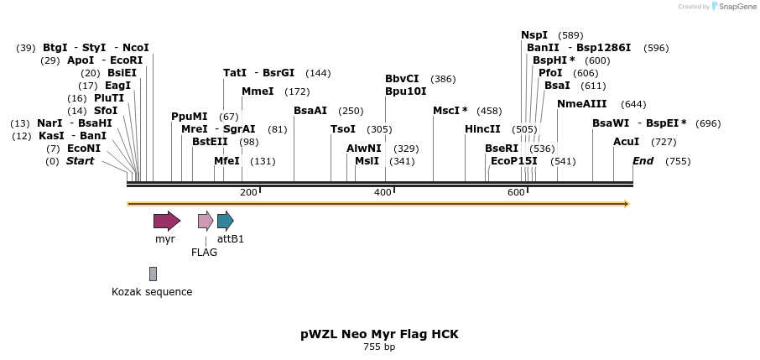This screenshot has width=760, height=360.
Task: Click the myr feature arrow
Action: pos(166,221)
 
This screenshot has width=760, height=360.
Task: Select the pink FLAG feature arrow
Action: pos(206,221)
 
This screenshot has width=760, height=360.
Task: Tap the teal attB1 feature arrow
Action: pos(225,221)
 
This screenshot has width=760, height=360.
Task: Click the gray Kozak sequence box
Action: pos(153,274)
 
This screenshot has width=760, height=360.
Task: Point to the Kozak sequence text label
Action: pos(152,292)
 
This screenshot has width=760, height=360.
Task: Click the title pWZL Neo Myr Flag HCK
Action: pos(379,334)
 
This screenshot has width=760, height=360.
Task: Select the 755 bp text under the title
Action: pos(379,347)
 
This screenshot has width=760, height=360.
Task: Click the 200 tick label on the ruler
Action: pos(248,193)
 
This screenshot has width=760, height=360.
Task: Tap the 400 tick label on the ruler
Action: pos(383,193)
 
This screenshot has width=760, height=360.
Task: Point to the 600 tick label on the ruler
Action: pos(516,193)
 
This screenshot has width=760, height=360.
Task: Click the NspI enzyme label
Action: pos(534,35)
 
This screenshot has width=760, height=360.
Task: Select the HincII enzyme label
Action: pos(482,129)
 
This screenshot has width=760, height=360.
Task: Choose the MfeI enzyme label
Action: pos(226,161)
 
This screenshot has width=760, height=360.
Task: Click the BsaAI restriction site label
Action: pos(310,111)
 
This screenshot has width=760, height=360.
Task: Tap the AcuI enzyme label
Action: pos(626,142)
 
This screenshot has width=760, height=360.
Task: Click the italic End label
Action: pos(643,161)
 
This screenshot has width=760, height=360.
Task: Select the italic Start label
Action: pos(81,161)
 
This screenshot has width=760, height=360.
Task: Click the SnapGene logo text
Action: pos(735,7)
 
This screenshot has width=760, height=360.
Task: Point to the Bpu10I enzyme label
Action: pos(406,91)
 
